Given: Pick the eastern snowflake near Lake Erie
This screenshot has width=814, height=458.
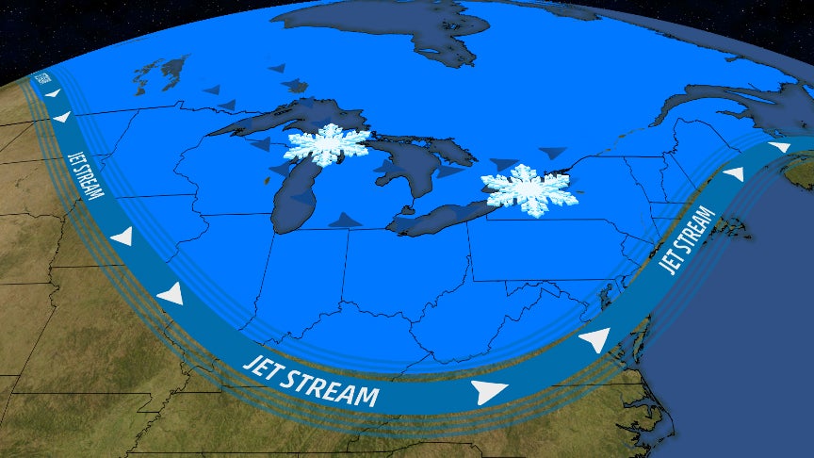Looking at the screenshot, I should tap(529, 189).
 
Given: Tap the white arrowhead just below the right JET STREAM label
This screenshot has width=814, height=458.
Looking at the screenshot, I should tap(595, 340).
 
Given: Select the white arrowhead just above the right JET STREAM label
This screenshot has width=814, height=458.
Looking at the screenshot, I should tap(733, 174).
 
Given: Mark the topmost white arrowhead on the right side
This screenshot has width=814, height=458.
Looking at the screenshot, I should tap(778, 147).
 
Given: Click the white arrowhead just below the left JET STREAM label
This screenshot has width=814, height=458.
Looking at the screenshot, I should tap(121, 237).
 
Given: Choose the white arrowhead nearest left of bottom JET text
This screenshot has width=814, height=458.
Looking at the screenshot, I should tap(170, 294).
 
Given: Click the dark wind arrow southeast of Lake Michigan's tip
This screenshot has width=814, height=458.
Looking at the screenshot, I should tap(345, 220).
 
